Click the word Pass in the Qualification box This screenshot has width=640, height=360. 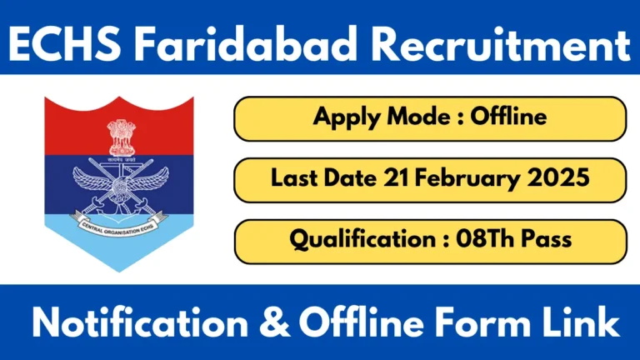547,240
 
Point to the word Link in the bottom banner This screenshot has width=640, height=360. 566,322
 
